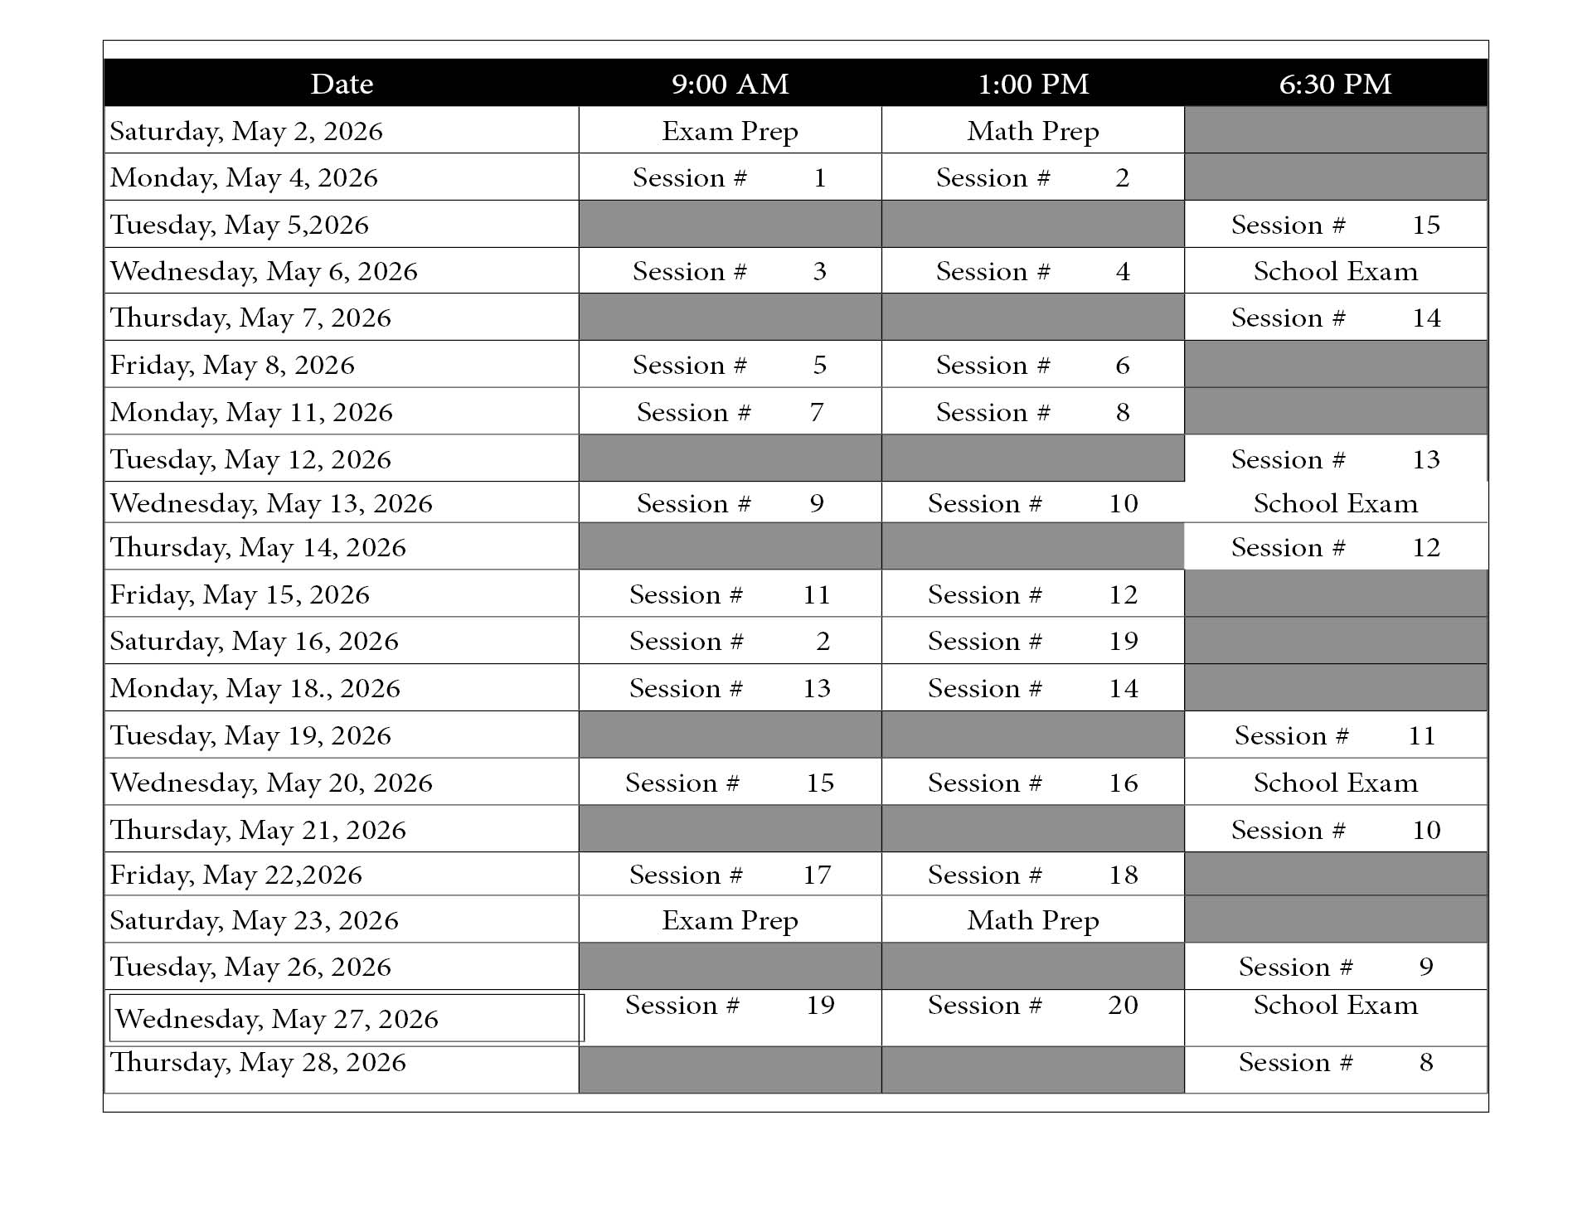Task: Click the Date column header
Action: [342, 84]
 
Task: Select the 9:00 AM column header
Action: [730, 84]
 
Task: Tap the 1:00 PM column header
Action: [1033, 84]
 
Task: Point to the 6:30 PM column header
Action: [1335, 84]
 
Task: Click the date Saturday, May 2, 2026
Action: [246, 131]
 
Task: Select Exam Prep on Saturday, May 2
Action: [730, 131]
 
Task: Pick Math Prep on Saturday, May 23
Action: [1033, 920]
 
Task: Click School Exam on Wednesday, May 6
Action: [1335, 271]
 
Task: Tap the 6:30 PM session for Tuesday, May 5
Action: [1335, 225]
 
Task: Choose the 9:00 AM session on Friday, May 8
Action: [730, 365]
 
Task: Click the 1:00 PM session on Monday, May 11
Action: [1033, 412]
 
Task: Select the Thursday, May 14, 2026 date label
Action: [258, 547]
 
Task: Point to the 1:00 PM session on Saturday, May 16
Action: [1033, 641]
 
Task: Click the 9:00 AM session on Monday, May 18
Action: [730, 688]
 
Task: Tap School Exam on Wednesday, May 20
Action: [1335, 783]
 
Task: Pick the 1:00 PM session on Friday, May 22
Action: [1033, 875]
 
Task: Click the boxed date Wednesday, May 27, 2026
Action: [276, 1019]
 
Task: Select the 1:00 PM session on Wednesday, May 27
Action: [1033, 1006]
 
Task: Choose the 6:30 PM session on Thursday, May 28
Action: [1335, 1062]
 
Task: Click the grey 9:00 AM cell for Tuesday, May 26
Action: [730, 966]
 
